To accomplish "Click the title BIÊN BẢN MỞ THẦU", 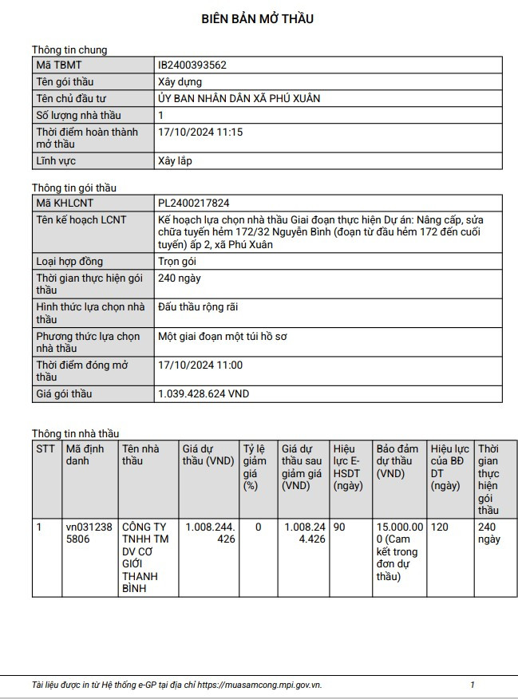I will (x=257, y=19).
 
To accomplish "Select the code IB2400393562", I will (x=192, y=65).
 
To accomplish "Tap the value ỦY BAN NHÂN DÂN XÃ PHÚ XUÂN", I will (x=239, y=99).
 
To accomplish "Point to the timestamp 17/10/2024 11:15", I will (x=200, y=132).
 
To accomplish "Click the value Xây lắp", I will (x=175, y=161).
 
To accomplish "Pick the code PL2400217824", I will (x=194, y=203).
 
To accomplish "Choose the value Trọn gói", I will (x=181, y=262).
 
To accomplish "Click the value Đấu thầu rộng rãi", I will (x=198, y=307).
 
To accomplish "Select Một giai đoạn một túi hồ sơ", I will (x=223, y=337).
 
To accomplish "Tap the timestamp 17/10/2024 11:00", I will (x=200, y=365).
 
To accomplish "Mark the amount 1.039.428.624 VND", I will (x=204, y=394).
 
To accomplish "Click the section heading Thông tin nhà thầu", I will (x=75, y=434).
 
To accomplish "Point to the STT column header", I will (x=45, y=449).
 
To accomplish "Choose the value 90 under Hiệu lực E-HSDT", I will (x=339, y=527).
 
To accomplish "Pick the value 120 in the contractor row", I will (x=440, y=527).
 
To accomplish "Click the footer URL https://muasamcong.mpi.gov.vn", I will (x=259, y=685).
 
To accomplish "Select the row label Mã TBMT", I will (x=59, y=65).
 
